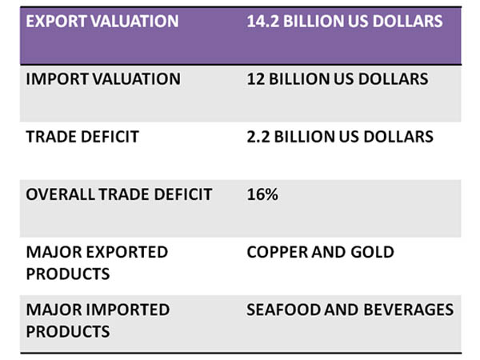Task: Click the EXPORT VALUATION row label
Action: [102, 21]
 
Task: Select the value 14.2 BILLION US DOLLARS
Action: [345, 21]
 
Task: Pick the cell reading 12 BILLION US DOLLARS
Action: [338, 79]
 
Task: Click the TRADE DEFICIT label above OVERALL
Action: [82, 137]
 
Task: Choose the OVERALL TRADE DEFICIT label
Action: [119, 194]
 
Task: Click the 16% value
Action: [262, 194]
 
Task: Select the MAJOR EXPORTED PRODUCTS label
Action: [97, 262]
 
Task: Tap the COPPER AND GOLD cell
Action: [321, 252]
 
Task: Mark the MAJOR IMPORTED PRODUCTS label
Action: [98, 320]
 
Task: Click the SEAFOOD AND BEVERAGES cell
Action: [350, 310]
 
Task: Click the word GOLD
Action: [372, 252]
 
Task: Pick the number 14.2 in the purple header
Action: [262, 21]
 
